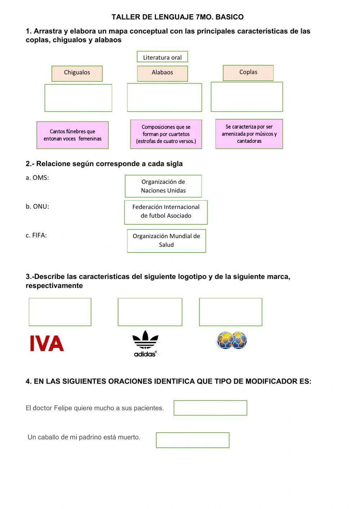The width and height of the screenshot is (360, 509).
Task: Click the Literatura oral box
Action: coord(162,57)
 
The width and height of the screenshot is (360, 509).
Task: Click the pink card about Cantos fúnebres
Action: coord(72,135)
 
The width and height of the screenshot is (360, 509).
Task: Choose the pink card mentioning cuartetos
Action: coord(166,134)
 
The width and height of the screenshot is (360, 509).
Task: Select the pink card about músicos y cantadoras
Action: coord(249,134)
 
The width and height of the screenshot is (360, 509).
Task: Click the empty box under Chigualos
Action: coord(78,98)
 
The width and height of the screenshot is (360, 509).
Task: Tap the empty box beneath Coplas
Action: coord(247,97)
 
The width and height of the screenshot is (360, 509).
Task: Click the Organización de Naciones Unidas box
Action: coord(163,186)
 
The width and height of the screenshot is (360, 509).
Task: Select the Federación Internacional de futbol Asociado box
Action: coord(166,212)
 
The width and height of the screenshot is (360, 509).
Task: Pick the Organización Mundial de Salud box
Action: coord(166,241)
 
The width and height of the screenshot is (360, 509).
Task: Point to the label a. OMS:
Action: coord(37,178)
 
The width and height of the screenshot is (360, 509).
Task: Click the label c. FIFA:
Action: coord(36,235)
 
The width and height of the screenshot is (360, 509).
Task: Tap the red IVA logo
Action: coord(47,343)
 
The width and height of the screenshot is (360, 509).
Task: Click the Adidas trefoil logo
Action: coord(145,343)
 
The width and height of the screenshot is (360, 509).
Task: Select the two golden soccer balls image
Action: coord(231,340)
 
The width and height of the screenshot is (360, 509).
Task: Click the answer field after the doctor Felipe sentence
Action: coord(210,408)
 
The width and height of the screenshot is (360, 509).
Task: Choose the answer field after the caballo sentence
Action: coord(193,440)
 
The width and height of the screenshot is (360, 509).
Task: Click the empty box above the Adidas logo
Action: coord(150,312)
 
